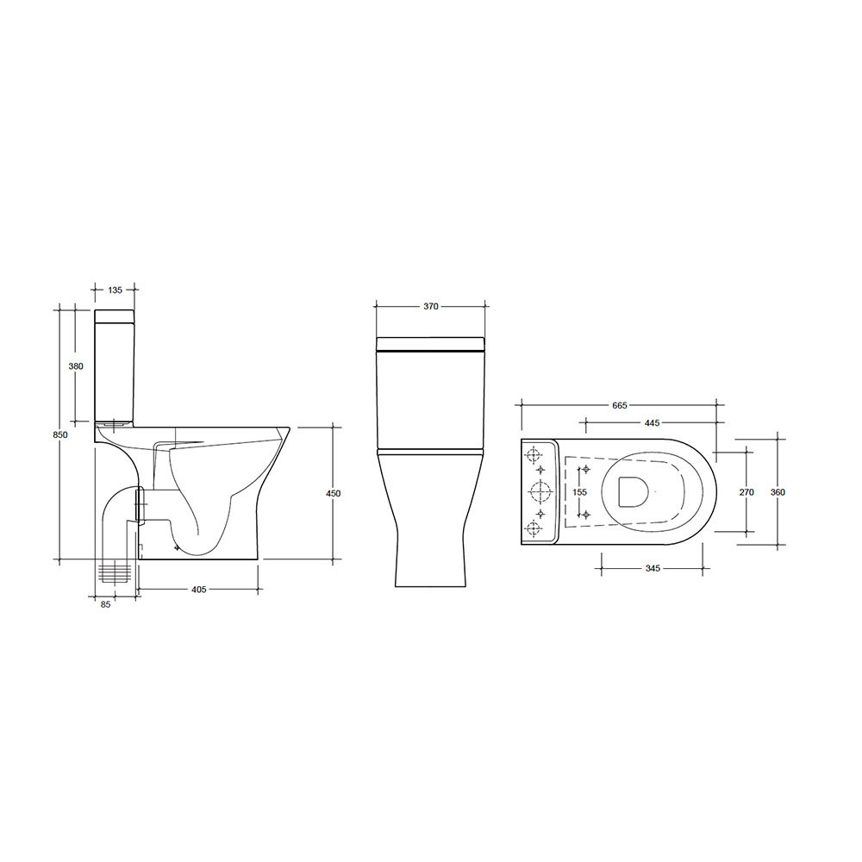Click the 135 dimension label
[x=115, y=290]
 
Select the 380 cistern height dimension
[x=76, y=366]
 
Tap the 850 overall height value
[x=59, y=435]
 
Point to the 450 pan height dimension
[x=333, y=493]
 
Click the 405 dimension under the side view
[x=198, y=590]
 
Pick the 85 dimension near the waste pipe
[x=105, y=604]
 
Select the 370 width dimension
[x=431, y=306]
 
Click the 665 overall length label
[x=618, y=405]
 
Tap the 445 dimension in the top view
[x=651, y=422]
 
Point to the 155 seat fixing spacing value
[x=579, y=491]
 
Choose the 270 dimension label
[x=746, y=492]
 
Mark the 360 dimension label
[x=778, y=492]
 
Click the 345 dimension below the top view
[x=652, y=569]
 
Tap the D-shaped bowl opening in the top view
[x=631, y=491]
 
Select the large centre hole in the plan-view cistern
[x=540, y=492]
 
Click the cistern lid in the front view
[x=430, y=344]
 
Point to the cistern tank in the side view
[x=115, y=366]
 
